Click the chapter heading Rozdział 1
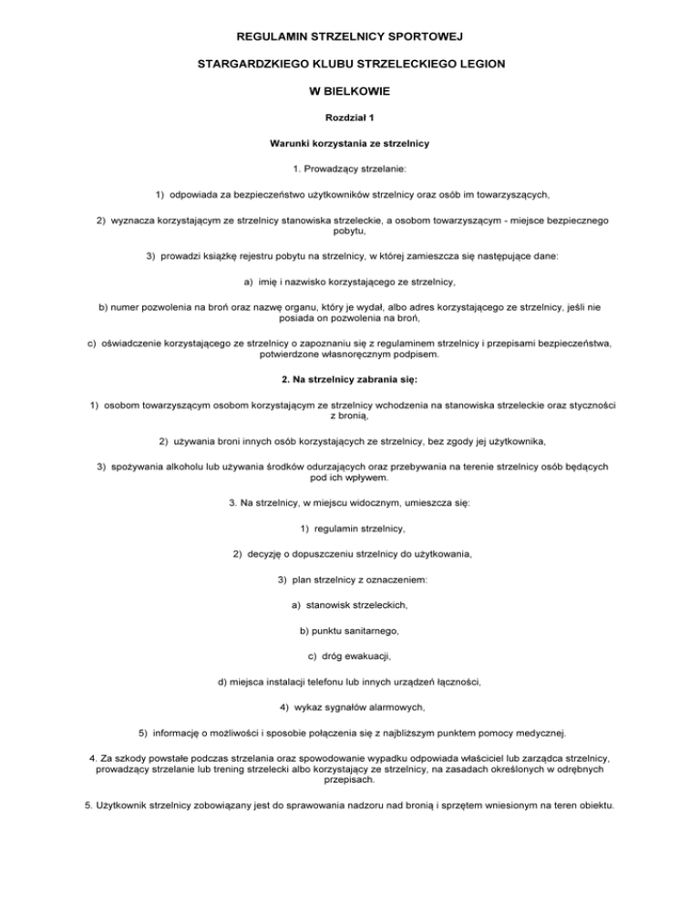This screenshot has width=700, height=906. [x=350, y=118]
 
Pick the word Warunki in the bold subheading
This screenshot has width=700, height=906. [x=291, y=144]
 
